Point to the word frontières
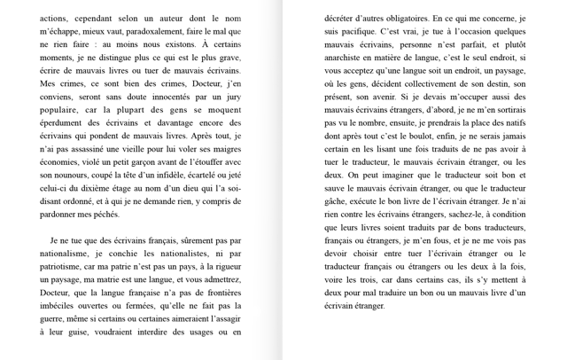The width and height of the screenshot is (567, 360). click(215, 292)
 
